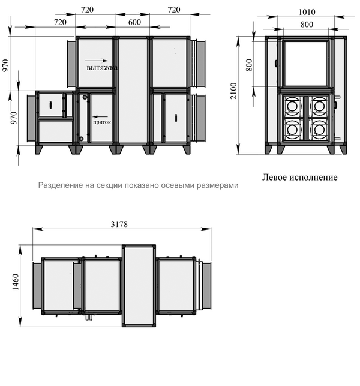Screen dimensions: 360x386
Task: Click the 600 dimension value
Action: [134, 22]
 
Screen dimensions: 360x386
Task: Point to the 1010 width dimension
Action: [307, 12]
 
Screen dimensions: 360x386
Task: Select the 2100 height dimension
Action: [233, 91]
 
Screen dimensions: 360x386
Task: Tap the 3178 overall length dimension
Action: [119, 224]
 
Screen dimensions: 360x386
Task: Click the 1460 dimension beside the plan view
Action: [15, 282]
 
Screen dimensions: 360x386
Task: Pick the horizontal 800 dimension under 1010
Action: [307, 25]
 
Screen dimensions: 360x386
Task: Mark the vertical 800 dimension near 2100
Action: [249, 65]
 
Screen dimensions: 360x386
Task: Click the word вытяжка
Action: [101, 68]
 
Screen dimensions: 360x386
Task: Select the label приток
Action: [102, 122]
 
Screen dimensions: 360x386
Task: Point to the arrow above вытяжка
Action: [97, 61]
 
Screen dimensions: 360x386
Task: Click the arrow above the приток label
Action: [100, 116]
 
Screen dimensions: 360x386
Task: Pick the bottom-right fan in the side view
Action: [319, 130]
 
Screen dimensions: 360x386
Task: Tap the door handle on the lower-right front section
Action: [176, 118]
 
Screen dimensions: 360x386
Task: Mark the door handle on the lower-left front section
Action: [50, 105]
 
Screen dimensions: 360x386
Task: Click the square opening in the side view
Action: [305, 64]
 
